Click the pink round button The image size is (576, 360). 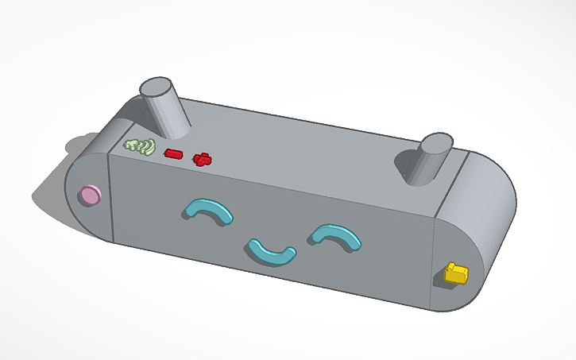(90, 194)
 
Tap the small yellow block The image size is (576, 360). (456, 273)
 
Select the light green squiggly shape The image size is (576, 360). (140, 146)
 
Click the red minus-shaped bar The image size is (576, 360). (173, 153)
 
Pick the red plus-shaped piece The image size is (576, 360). (203, 159)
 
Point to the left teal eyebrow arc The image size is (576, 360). (207, 210)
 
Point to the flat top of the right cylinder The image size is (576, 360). (436, 145)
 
